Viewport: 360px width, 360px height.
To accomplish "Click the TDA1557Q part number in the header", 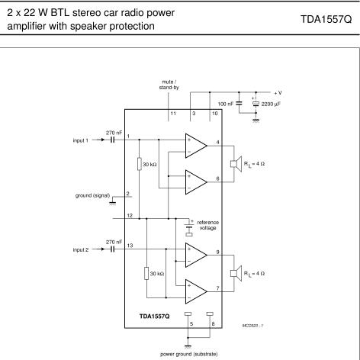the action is (x=326, y=19).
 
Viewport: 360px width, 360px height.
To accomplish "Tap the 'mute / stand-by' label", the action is (x=169, y=85).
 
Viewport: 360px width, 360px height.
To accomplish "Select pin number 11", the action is (x=173, y=114).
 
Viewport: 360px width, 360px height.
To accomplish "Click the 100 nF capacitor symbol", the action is (x=239, y=104).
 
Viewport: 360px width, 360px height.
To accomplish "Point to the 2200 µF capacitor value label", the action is (x=271, y=104).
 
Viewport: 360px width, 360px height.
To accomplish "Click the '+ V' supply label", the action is (x=278, y=93).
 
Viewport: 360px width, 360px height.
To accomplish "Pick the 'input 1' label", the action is (x=81, y=140).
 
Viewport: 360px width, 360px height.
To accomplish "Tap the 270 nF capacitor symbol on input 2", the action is (x=113, y=249).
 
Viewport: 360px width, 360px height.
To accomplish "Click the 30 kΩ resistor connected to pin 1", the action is (x=140, y=164).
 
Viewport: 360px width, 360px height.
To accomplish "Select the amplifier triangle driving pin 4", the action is (x=196, y=146).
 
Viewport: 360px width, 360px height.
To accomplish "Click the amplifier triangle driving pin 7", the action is (x=196, y=291).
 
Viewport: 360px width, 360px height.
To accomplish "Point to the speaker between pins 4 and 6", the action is (x=236, y=164).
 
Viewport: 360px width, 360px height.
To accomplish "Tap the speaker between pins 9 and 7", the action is (x=236, y=273).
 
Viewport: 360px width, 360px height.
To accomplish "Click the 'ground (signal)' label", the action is (x=92, y=195).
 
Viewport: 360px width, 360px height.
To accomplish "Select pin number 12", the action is (x=130, y=215).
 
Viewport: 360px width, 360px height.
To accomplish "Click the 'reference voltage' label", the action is (x=207, y=225).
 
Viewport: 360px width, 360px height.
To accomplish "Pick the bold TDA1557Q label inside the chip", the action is (x=154, y=317).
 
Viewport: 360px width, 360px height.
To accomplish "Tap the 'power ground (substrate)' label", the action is (x=189, y=354).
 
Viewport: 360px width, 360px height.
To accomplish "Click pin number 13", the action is (x=130, y=246).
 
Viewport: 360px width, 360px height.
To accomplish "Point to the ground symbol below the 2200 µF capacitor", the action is (x=256, y=121).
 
